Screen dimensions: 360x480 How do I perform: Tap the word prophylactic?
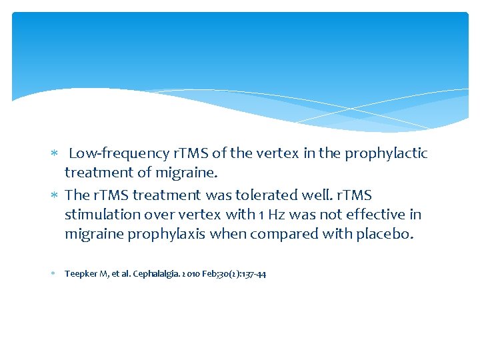385,153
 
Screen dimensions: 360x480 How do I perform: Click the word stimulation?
100,215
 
